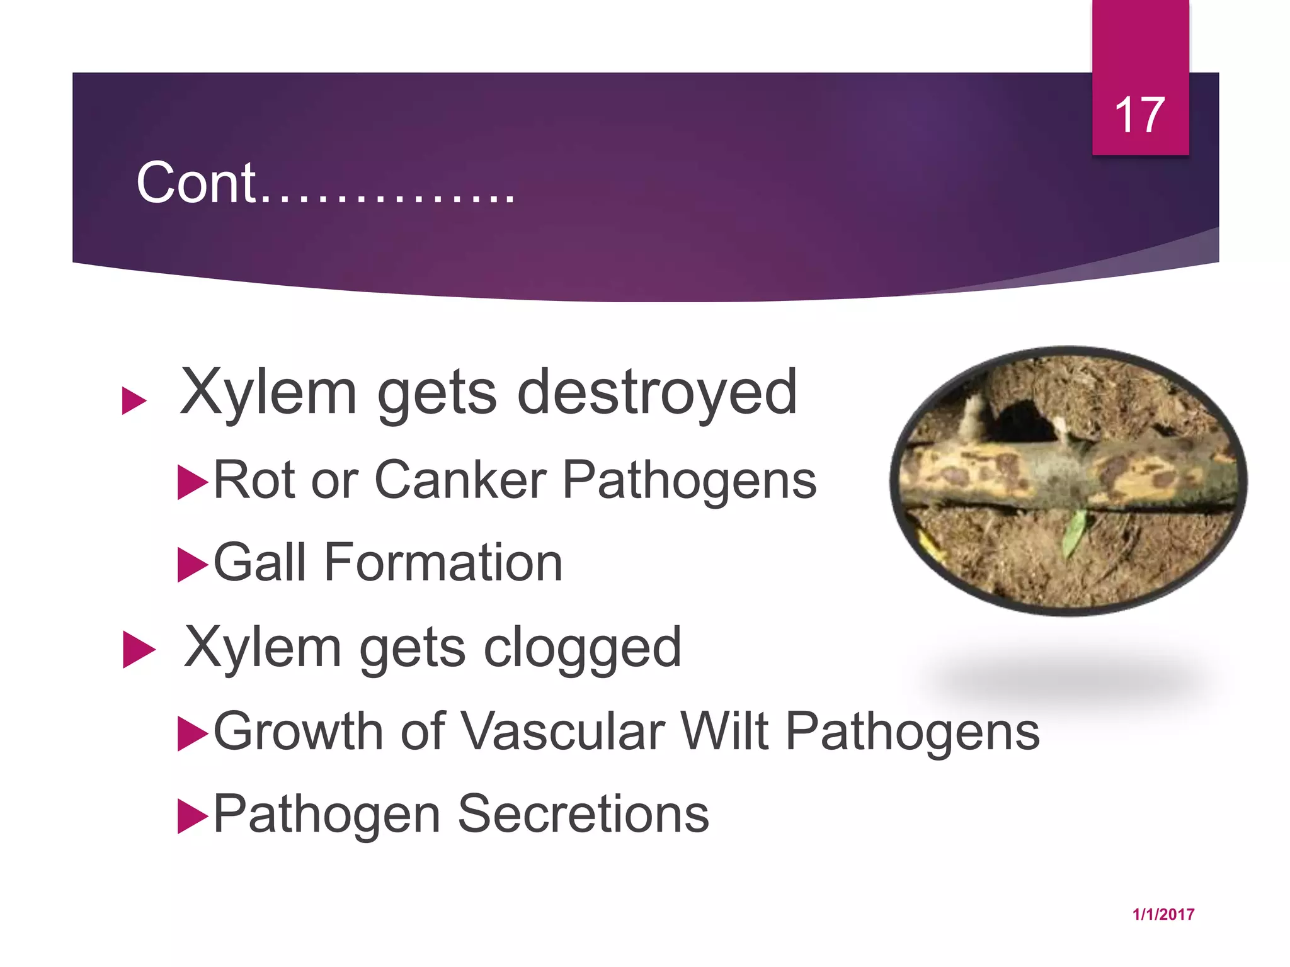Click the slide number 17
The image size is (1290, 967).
pos(1139,115)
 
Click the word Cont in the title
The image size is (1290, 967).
pos(196,183)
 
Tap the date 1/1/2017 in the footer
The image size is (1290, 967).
pos(1163,914)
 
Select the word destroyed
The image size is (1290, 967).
pos(657,393)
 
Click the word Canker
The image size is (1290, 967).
pos(460,480)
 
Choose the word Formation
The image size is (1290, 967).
pos(443,562)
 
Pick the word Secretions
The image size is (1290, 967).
pos(583,814)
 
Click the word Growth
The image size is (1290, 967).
pos(299,732)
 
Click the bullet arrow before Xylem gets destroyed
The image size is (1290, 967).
pos(134,401)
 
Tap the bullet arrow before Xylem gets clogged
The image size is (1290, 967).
pos(138,649)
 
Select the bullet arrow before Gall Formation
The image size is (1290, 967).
pos(192,565)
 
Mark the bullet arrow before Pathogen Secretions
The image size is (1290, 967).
pos(192,816)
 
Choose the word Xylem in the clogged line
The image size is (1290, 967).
pos(263,648)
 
